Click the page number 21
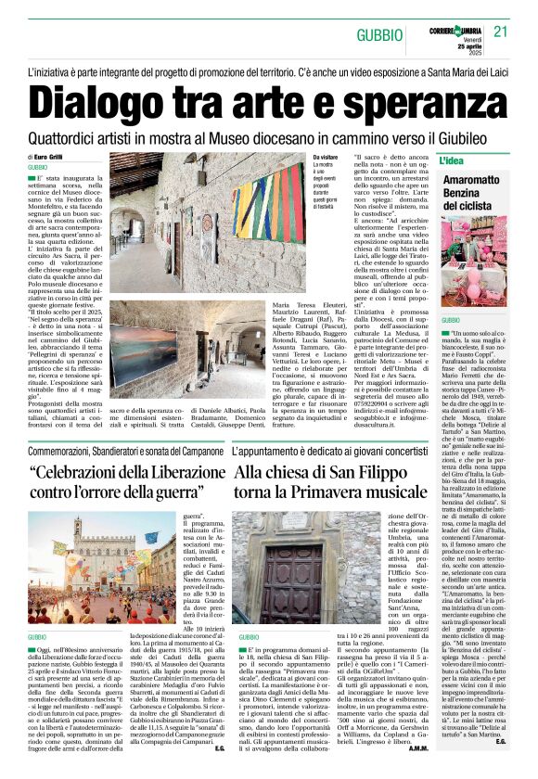tap(502, 31)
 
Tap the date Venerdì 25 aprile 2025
tap(472, 35)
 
